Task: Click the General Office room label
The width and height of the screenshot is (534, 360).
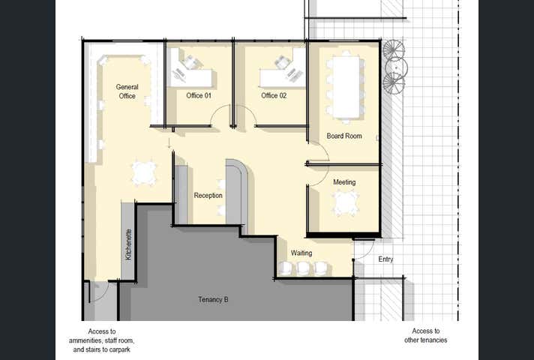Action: click(127, 91)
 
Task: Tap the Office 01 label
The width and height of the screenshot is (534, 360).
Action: click(199, 96)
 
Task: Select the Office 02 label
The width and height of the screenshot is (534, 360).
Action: click(274, 96)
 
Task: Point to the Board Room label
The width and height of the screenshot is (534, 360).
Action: click(344, 136)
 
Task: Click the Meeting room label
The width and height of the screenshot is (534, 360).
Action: click(344, 182)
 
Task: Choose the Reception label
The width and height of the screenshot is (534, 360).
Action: click(208, 196)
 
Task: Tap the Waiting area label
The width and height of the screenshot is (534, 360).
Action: click(301, 253)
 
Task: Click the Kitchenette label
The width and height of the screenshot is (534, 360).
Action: click(128, 244)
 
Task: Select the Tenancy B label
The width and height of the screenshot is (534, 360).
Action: click(213, 300)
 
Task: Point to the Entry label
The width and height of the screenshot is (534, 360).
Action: click(385, 259)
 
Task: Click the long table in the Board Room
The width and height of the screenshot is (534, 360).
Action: click(346, 87)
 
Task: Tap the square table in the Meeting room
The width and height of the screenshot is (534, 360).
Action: click(346, 203)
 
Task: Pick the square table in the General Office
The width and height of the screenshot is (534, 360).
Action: click(144, 173)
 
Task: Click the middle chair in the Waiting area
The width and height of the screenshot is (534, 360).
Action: click(303, 268)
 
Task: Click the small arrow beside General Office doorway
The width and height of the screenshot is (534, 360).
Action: click(169, 143)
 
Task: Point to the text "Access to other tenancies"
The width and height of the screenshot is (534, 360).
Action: click(426, 335)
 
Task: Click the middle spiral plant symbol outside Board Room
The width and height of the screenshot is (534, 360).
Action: click(396, 67)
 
